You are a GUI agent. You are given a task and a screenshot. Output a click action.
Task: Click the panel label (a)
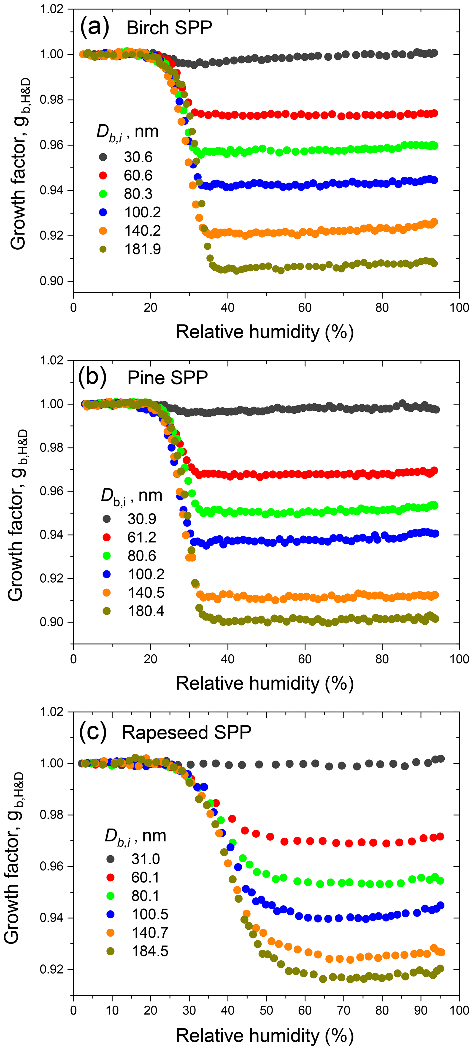pyautogui.click(x=95, y=27)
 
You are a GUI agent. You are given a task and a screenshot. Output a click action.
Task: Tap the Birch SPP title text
pyautogui.click(x=169, y=28)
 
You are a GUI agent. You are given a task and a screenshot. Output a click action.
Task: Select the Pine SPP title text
pyautogui.click(x=168, y=378)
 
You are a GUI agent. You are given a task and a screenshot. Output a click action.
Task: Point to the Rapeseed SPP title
pyautogui.click(x=186, y=732)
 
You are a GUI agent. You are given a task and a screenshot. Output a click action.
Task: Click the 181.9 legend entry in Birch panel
pyautogui.click(x=142, y=249)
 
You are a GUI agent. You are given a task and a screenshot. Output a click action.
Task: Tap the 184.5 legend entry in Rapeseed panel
pyautogui.click(x=150, y=951)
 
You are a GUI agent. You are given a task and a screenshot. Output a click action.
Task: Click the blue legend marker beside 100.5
pyautogui.click(x=110, y=914)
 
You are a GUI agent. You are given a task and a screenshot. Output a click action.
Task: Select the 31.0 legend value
pyautogui.click(x=146, y=859)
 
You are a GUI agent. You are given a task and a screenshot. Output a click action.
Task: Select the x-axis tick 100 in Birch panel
pyautogui.click(x=459, y=307)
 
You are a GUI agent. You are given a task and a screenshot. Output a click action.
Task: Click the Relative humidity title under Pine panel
pyautogui.click(x=265, y=683)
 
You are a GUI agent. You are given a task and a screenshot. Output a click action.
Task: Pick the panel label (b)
pyautogui.click(x=92, y=377)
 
